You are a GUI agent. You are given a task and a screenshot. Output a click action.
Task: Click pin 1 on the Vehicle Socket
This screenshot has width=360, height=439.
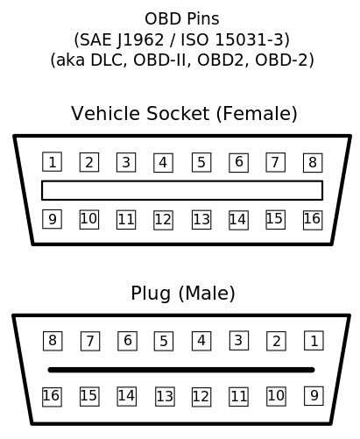tap(52, 162)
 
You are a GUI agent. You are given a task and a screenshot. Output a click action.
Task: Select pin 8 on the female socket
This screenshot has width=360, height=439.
tap(313, 162)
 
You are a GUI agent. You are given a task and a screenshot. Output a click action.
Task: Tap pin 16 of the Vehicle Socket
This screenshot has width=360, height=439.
tap(313, 220)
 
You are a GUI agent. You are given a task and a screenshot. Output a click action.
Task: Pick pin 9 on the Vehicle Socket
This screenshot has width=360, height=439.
tap(52, 219)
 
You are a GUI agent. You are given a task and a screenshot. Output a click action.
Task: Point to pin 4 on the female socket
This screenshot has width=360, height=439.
tap(163, 162)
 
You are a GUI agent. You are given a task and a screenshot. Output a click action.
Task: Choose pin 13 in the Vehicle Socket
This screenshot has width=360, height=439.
tap(201, 220)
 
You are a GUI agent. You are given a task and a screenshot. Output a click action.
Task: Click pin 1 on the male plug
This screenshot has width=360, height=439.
tap(314, 341)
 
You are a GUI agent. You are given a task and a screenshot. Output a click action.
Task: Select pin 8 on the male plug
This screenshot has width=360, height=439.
tap(53, 341)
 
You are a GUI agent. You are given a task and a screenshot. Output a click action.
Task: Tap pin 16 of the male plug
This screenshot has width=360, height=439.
tap(52, 397)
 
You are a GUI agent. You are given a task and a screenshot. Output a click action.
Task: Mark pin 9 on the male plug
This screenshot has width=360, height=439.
tap(314, 396)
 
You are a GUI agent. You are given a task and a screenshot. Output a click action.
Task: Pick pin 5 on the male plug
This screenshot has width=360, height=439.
tap(164, 341)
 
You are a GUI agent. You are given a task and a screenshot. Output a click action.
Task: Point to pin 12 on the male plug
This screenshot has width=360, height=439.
tap(201, 397)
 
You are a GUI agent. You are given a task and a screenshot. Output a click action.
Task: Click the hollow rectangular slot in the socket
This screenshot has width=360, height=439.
tap(182, 181)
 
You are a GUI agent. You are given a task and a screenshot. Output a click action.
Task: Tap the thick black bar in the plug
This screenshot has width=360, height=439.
tap(181, 370)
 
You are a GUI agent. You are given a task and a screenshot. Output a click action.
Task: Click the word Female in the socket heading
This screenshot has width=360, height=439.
tap(257, 113)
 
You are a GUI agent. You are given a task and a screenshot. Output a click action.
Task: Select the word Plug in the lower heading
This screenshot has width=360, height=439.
tap(151, 294)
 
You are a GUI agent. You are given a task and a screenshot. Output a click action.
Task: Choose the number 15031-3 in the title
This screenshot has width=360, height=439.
tap(250, 39)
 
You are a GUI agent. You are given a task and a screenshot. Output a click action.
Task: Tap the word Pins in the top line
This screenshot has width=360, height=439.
tap(203, 19)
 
